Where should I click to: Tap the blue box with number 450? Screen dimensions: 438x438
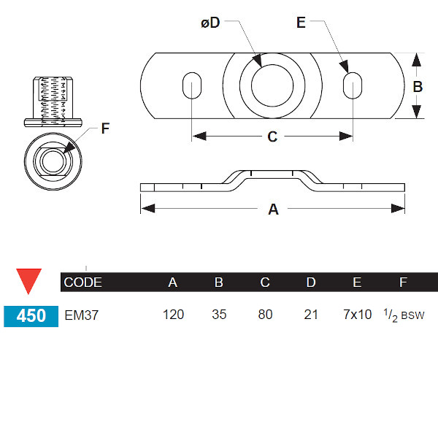click(x=31, y=315)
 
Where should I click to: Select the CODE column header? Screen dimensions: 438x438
click(x=83, y=283)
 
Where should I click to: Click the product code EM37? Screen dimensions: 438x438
click(x=81, y=315)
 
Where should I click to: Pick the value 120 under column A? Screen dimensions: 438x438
click(x=173, y=315)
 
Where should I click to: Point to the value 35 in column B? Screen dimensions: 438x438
click(x=219, y=315)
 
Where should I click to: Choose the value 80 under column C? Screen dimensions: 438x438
click(x=265, y=315)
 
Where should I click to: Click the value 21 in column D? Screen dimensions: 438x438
click(x=311, y=315)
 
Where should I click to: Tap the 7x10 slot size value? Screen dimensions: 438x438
click(x=357, y=315)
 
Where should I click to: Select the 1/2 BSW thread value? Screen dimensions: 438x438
click(x=404, y=315)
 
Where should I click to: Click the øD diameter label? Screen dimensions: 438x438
click(x=210, y=23)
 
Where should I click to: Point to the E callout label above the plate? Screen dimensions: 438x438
click(x=301, y=23)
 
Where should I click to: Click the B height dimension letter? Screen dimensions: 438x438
click(x=418, y=86)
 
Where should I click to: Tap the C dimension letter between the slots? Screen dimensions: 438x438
click(x=272, y=137)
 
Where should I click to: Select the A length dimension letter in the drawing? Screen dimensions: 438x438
click(x=273, y=210)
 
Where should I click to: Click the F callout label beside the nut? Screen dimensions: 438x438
click(x=105, y=129)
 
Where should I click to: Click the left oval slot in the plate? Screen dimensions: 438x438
click(x=195, y=85)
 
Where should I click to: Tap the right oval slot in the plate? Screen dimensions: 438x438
click(x=351, y=85)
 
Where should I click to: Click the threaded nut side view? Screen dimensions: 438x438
click(x=53, y=101)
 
